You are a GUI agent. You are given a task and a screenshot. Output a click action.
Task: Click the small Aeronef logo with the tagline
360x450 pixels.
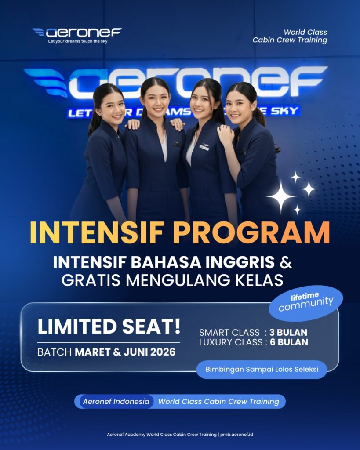77,35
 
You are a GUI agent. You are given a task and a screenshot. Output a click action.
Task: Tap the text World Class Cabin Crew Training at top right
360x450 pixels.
290,36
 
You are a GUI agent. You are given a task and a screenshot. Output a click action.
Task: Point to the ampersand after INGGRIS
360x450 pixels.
286,263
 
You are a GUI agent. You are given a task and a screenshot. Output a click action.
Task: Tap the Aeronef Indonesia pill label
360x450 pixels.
116,401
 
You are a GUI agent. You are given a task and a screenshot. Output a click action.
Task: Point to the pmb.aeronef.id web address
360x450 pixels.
237,435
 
